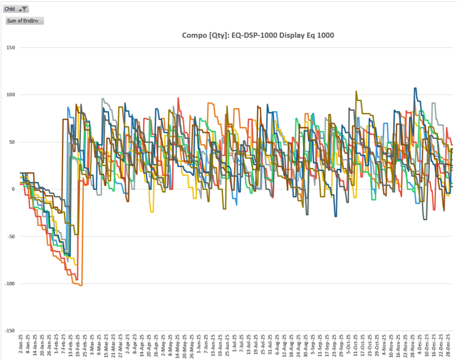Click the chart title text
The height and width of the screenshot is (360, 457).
(x=258, y=35)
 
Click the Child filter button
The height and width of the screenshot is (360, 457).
(x=17, y=9)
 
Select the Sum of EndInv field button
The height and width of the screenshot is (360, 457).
(x=25, y=21)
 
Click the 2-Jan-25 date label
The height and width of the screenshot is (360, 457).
(x=21, y=344)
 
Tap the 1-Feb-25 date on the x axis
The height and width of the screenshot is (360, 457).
(x=56, y=344)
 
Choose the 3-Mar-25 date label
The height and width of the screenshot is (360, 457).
(x=92, y=344)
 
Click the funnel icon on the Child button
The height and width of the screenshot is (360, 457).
(x=25, y=9)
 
